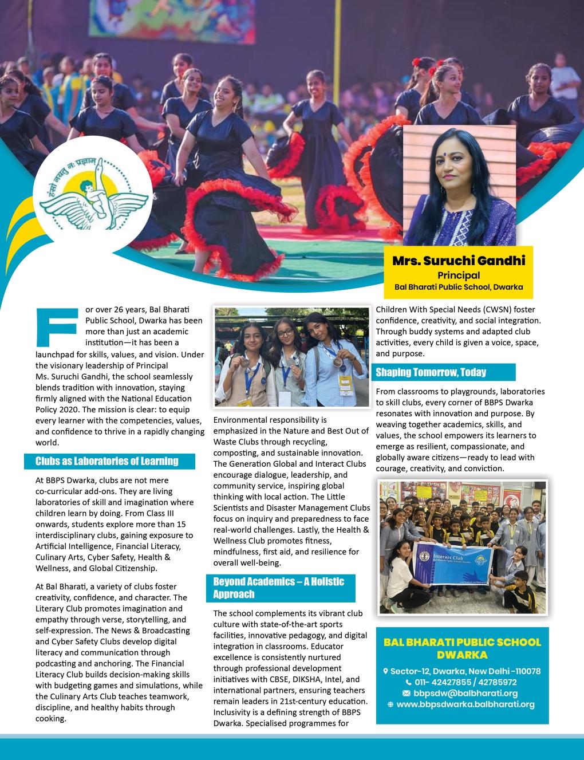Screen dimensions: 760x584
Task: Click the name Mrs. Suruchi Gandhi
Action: [x=459, y=261]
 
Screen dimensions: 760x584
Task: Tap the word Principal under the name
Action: [x=459, y=275]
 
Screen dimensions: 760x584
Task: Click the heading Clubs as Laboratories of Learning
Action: [x=107, y=461]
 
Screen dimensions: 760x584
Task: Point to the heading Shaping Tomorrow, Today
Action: [x=431, y=372]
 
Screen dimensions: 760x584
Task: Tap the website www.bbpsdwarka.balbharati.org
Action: [x=465, y=704]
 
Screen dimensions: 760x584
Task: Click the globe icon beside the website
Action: [x=390, y=704]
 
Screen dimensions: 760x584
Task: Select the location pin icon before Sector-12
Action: [x=385, y=671]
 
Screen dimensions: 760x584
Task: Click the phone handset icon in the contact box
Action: [x=408, y=682]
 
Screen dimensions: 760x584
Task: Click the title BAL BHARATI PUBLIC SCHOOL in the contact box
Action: [x=462, y=643]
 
